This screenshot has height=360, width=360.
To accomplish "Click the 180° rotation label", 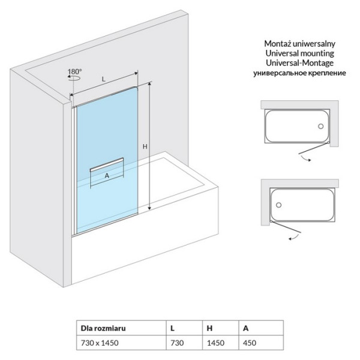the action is click(x=74, y=71).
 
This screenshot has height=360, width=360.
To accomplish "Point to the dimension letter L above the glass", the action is click(x=104, y=79).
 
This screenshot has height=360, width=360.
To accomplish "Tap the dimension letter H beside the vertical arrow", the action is click(x=145, y=146).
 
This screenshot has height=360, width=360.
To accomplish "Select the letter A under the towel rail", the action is click(x=107, y=176).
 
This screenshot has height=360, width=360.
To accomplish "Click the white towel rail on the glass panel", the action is click(x=107, y=165).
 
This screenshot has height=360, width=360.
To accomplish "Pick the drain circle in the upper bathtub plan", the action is click(x=321, y=126).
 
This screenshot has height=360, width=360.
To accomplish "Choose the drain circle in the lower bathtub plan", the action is click(x=279, y=205).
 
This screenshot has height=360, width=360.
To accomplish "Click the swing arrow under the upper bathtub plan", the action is click(x=306, y=158).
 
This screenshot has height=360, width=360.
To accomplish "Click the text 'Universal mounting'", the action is click(x=299, y=53).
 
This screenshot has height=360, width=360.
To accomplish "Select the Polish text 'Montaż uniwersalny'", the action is click(x=299, y=44).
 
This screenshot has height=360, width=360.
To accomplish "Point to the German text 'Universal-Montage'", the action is click(x=299, y=63).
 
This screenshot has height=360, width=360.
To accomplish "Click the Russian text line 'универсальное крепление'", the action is click(x=299, y=73).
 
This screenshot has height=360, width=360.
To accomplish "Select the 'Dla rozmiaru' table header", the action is click(x=103, y=328).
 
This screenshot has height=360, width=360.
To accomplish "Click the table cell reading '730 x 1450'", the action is click(x=100, y=343).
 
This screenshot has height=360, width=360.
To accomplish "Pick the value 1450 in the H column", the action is click(x=215, y=343).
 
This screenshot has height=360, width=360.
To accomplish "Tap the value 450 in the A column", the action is click(x=250, y=343).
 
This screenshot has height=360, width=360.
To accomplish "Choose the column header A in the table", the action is click(x=245, y=328).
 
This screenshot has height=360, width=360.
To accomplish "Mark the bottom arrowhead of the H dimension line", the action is click(x=149, y=208).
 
